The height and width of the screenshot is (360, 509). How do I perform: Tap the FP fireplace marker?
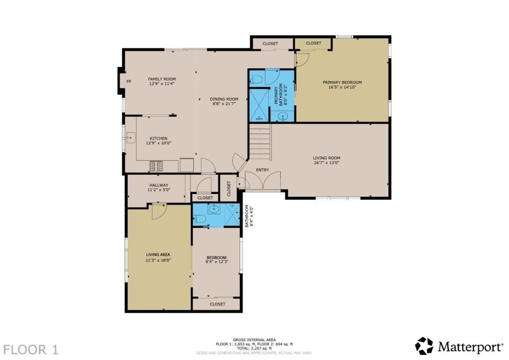(x=129, y=82)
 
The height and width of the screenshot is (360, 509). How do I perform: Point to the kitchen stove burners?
(x=156, y=166)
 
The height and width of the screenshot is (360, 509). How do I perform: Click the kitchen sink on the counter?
(x=131, y=138)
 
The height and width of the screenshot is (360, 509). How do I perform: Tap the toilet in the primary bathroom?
(x=257, y=80)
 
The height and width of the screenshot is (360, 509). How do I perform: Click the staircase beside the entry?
(x=260, y=142)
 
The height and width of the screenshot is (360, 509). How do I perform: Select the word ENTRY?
(x=262, y=170)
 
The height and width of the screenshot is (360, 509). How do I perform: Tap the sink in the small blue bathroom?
(x=213, y=209)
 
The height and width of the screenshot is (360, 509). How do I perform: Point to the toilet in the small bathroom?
(x=200, y=219)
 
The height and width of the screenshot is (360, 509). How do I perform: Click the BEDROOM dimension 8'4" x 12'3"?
(x=217, y=262)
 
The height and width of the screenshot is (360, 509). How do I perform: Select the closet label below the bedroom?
(x=218, y=304)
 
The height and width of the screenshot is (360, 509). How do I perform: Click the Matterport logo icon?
(x=424, y=346)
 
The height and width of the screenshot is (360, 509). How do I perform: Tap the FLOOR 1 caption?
(x=31, y=350)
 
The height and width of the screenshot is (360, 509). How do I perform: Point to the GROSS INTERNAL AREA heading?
(x=254, y=340)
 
